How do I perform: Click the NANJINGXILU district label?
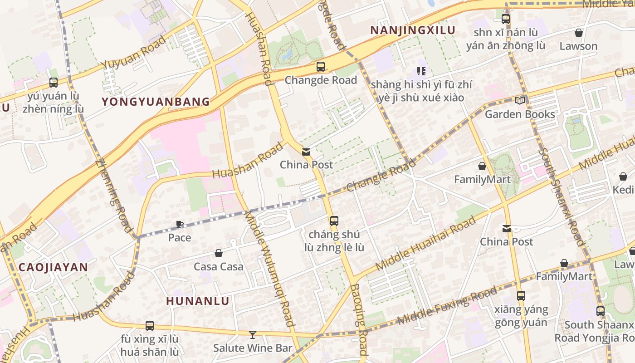point(413,30)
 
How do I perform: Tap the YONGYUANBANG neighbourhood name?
point(156,102)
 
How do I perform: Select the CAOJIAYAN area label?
point(53,267)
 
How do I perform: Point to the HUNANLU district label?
point(198,301)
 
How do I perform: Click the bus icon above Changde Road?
point(321,67)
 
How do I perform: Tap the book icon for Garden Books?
point(519,100)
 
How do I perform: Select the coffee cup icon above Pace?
point(180,224)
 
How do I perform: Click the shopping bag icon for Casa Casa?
point(219,253)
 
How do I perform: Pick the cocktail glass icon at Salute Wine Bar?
point(253,335)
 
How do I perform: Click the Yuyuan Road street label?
point(134,52)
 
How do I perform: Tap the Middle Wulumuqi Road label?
point(270,270)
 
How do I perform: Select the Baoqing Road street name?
point(358,320)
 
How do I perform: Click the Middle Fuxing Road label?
point(447,306)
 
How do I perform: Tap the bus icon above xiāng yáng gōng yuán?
point(521,296)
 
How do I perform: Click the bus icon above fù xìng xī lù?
point(150,325)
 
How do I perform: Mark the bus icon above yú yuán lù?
point(54,83)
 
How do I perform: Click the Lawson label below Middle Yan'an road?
point(578,46)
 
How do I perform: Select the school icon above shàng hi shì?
point(421,71)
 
